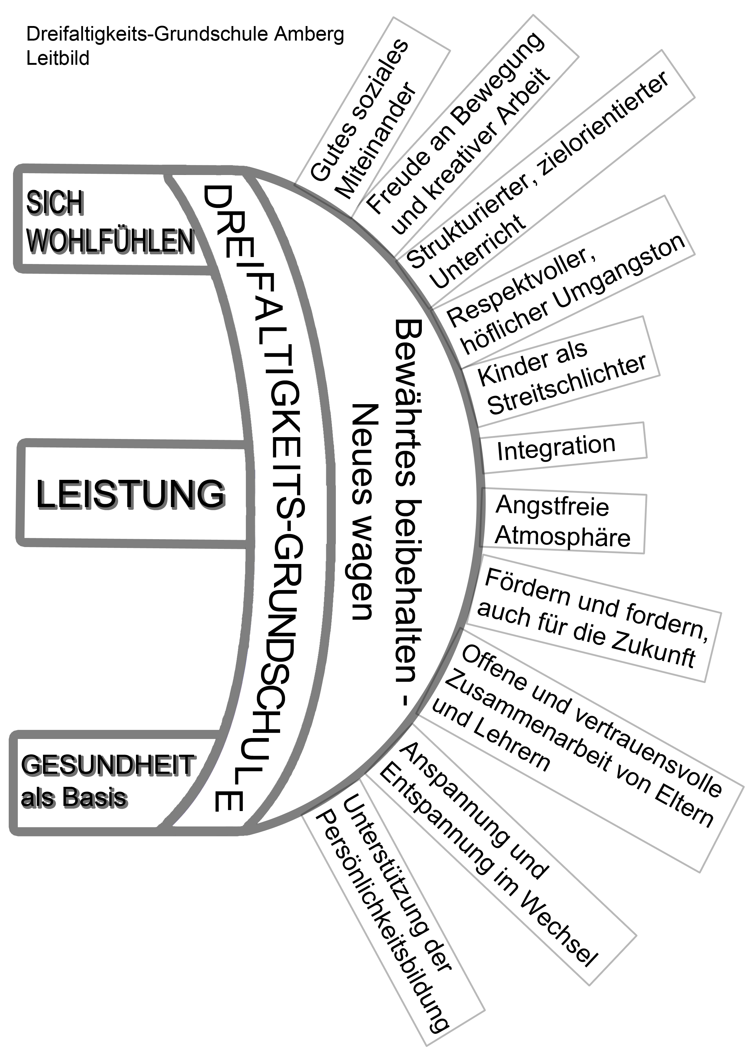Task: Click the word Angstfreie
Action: pos(552,506)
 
